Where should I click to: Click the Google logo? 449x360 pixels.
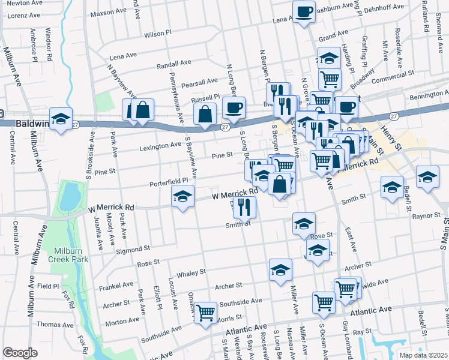pos(20,353)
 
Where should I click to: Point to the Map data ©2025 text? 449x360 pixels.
pos(423,355)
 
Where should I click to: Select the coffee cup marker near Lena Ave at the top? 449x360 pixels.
pos(304,12)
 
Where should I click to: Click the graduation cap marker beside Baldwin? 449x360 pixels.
pos(61,119)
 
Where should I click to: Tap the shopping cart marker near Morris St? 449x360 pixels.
pos(205,313)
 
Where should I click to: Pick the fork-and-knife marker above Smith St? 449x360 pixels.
pos(245,207)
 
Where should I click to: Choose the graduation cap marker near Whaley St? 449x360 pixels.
pos(280,271)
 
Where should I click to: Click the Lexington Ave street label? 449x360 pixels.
pos(160,145)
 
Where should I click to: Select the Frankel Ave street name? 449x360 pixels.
pos(118,284)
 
